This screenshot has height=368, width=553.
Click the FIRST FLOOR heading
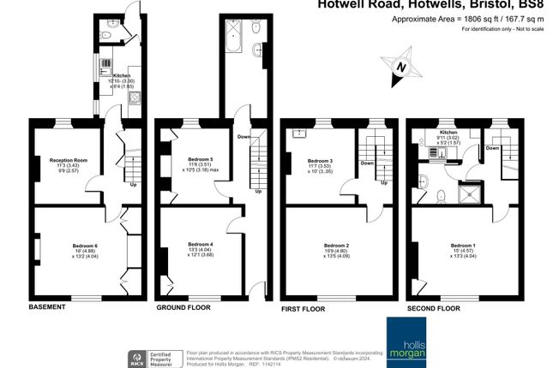[305, 306]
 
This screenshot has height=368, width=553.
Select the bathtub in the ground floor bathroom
[232, 34]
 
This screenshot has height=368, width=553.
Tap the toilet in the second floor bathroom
[442, 196]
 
